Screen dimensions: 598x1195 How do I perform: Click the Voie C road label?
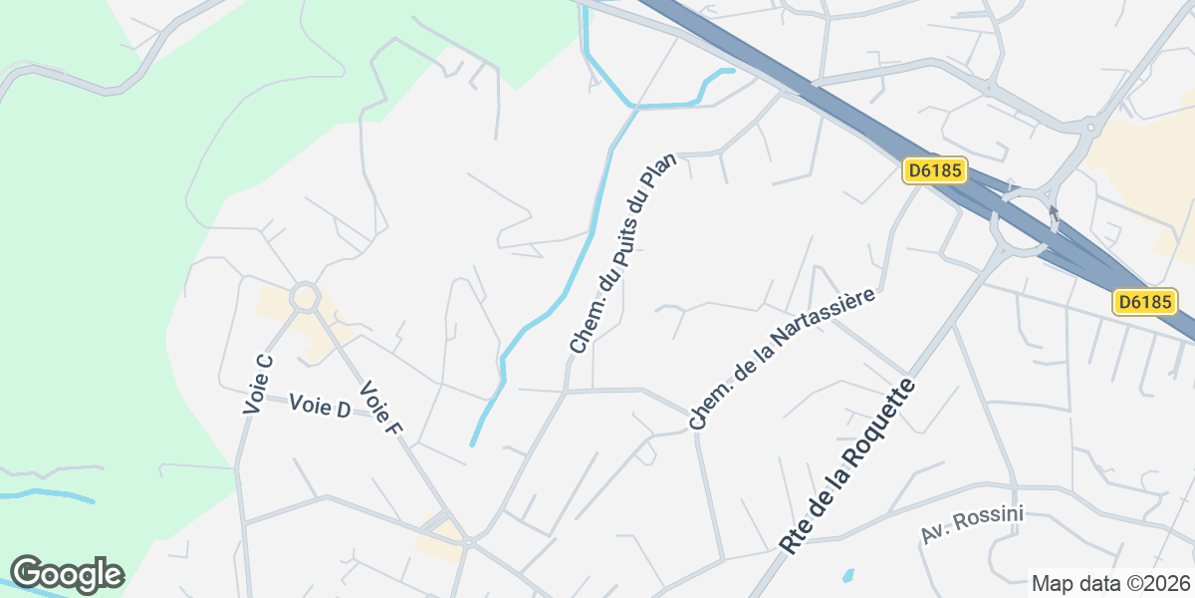(258, 384)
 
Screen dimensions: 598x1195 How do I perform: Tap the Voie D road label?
(320, 406)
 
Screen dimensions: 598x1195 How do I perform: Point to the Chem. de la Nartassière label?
(782, 360)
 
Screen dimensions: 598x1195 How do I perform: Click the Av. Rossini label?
(972, 525)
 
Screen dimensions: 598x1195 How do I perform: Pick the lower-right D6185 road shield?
(1144, 301)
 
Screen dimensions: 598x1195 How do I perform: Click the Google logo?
(67, 574)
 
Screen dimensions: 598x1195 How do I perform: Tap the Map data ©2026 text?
(1109, 583)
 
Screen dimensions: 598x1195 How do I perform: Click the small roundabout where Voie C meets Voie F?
(304, 296)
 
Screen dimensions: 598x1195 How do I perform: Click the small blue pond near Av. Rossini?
(847, 575)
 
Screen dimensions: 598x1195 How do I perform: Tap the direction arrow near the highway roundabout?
(1054, 215)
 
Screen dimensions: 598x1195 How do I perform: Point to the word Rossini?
(991, 519)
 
